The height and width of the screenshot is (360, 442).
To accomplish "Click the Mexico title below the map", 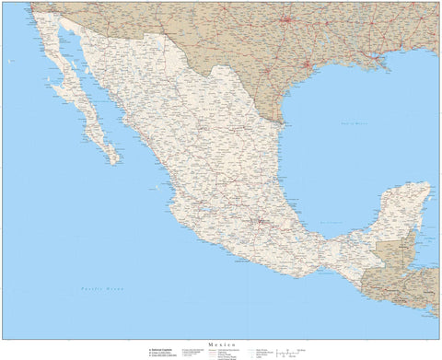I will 222,343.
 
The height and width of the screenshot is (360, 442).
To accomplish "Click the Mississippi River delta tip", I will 388,67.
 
